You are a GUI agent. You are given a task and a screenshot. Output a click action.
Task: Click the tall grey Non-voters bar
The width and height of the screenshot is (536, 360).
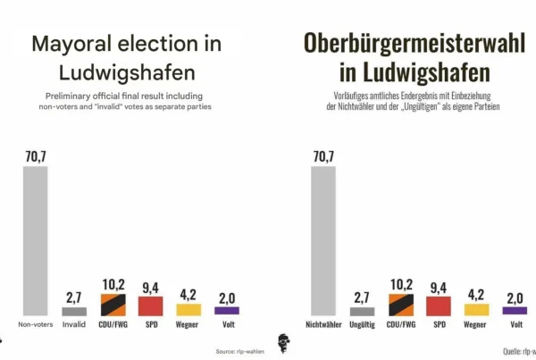tap(35, 241)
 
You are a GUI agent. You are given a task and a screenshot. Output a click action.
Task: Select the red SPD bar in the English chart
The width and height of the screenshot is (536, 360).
tap(150, 306)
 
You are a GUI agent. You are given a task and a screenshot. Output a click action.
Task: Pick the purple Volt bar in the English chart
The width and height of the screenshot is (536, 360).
tap(227, 312)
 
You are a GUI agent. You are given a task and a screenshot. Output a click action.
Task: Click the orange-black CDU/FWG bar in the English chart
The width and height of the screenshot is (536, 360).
tap(112, 305)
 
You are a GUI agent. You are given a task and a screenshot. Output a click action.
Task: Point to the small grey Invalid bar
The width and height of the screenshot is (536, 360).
tap(73, 312)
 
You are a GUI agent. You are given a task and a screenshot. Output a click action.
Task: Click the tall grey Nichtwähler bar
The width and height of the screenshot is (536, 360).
tap(323, 241)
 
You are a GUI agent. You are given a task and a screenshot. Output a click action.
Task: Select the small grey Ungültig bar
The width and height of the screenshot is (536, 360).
tap(362, 312)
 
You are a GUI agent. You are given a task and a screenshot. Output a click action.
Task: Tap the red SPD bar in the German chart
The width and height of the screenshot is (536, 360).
tap(439, 306)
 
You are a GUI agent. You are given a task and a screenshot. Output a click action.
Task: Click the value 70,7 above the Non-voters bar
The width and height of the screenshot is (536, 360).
tap(36, 157)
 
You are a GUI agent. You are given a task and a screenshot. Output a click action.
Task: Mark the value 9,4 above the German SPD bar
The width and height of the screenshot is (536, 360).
tap(439, 286)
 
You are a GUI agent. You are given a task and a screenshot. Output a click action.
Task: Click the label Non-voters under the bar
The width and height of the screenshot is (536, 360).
tap(35, 324)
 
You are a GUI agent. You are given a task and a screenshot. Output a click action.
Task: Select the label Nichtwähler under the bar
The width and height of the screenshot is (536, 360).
tap(323, 324)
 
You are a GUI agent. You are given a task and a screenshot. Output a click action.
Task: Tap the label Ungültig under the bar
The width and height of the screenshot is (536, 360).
tap(362, 324)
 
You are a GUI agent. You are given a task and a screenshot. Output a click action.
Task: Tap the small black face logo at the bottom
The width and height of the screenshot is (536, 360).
tap(284, 344)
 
